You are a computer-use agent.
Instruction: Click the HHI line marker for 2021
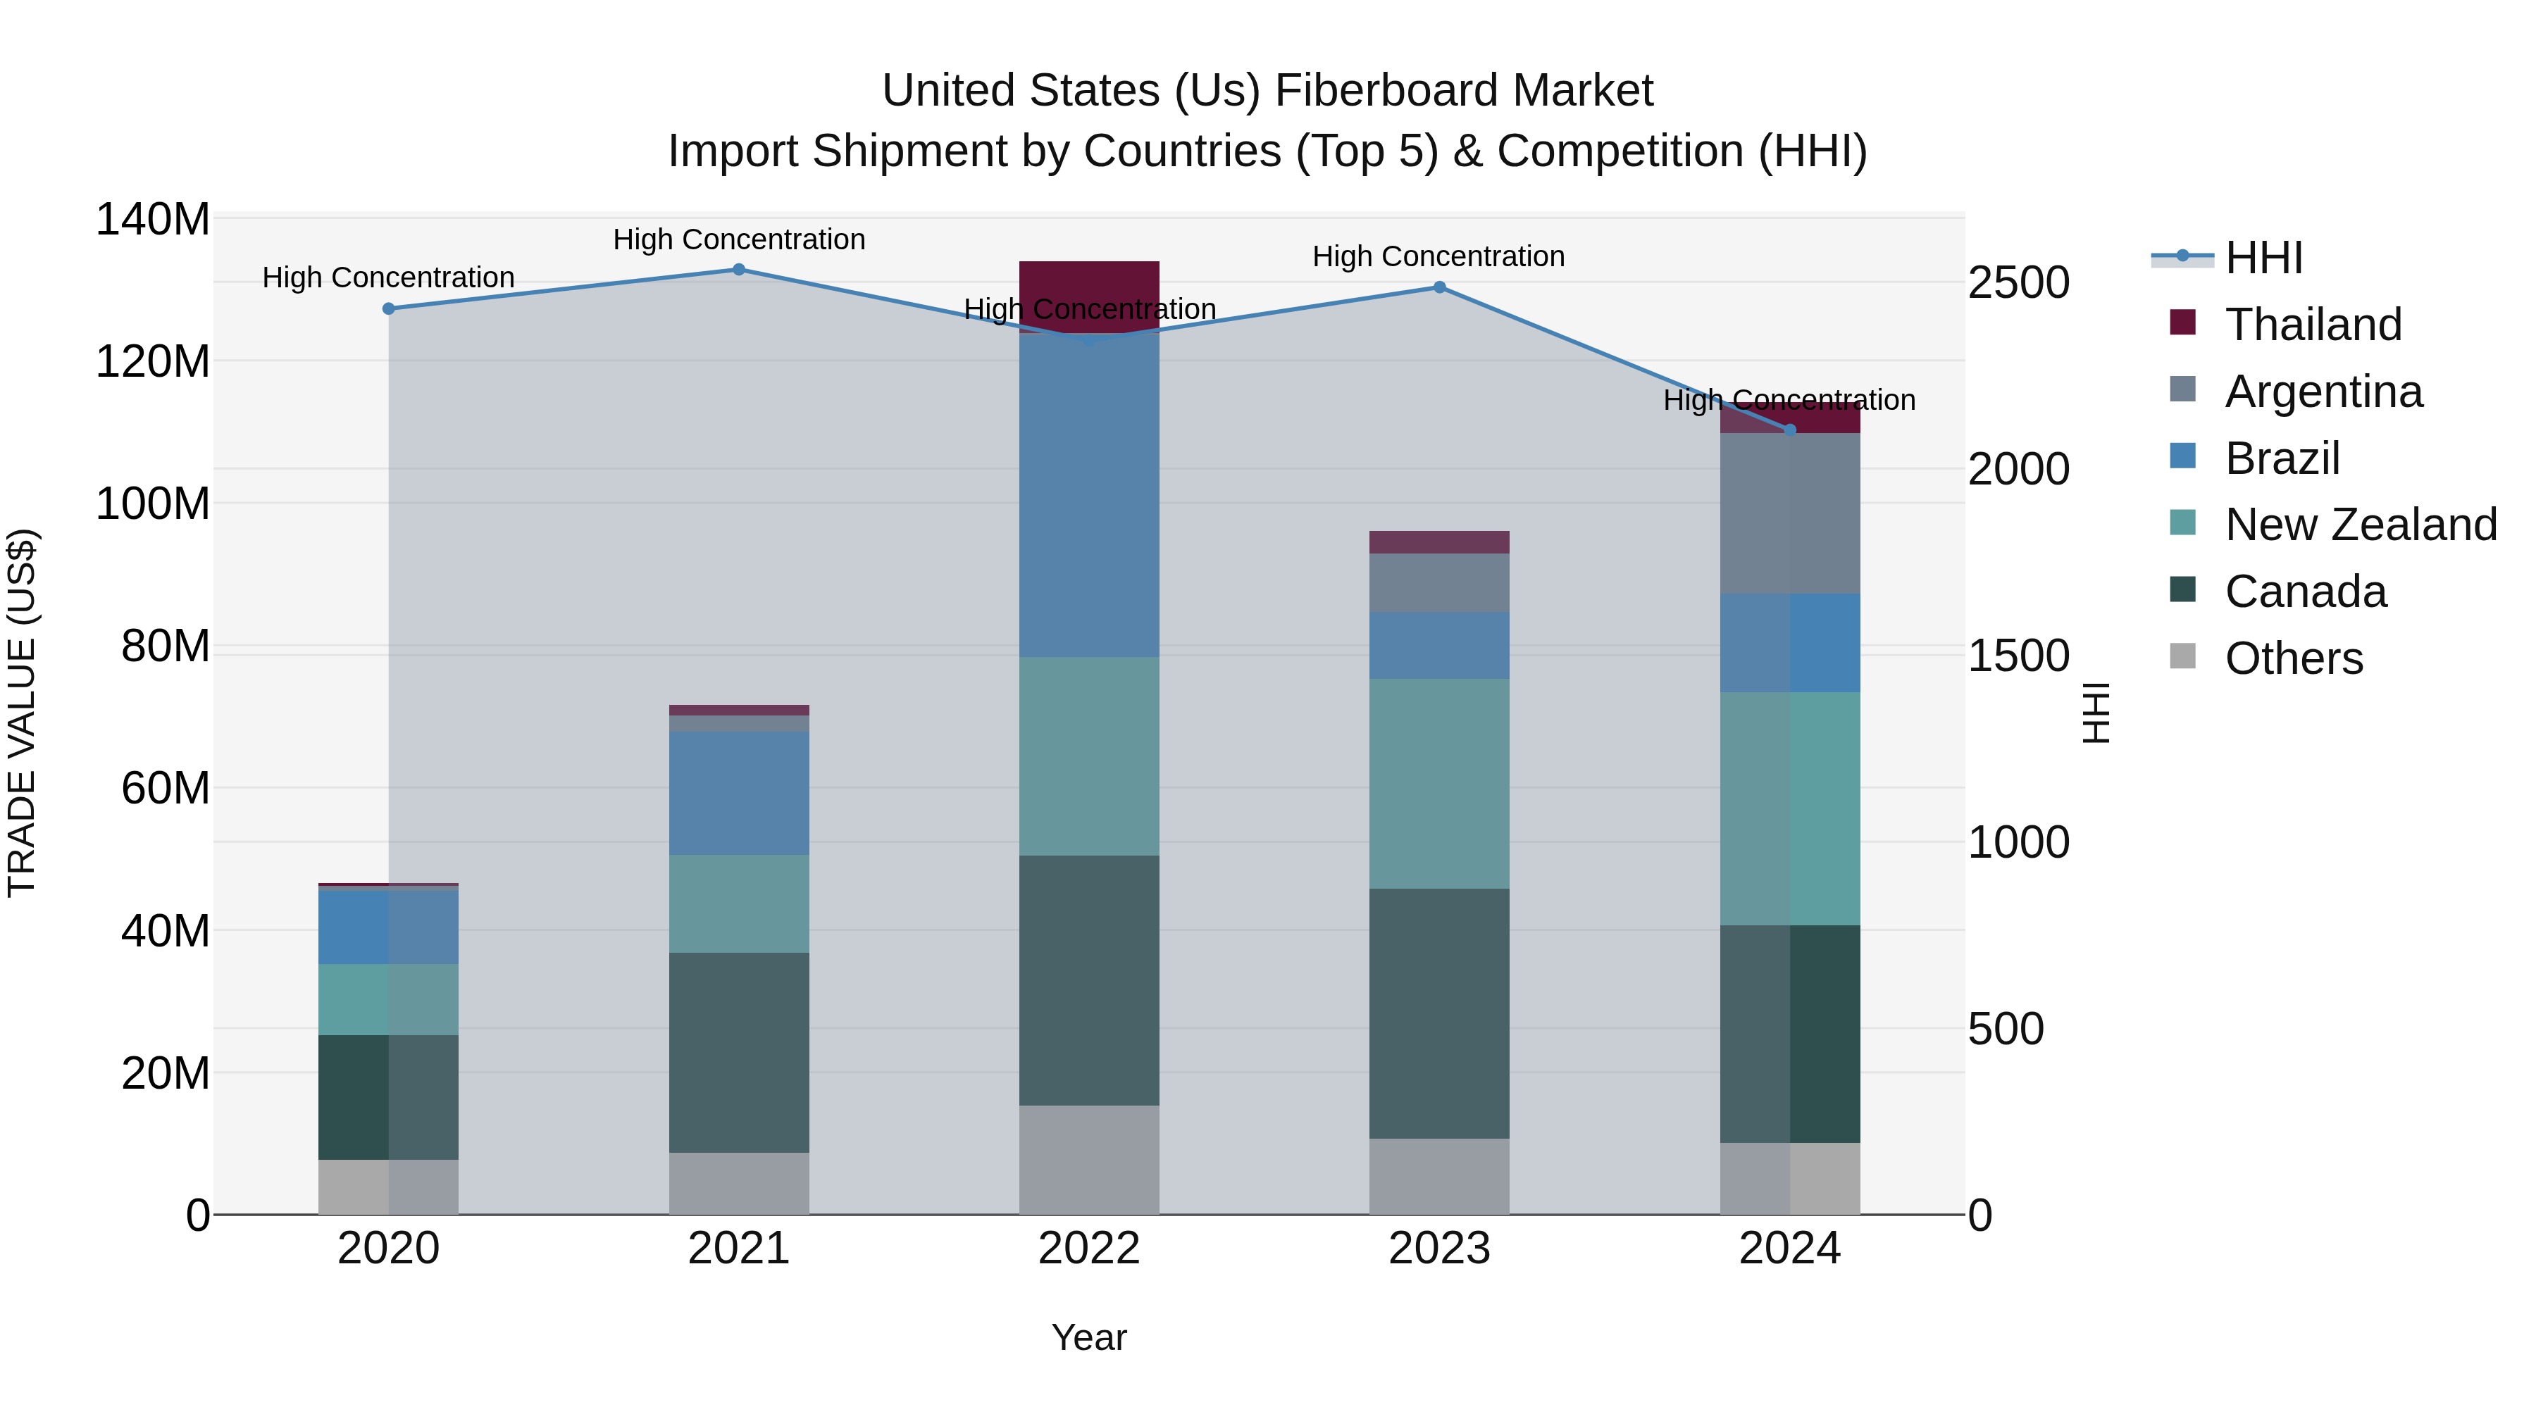click(x=738, y=270)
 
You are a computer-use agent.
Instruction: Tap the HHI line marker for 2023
click(x=1438, y=287)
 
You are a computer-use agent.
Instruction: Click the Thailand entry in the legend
click(x=2313, y=325)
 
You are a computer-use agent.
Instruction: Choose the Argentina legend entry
click(x=2323, y=392)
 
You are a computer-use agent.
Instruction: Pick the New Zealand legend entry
click(x=2360, y=525)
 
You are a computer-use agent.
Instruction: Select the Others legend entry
click(x=2293, y=658)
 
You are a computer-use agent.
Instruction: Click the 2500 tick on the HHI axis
click(x=2018, y=283)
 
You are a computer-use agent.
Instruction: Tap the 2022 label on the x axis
click(x=1089, y=1248)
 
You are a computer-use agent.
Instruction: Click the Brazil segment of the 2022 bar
click(x=1089, y=495)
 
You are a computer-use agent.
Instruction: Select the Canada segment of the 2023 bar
click(x=1438, y=1013)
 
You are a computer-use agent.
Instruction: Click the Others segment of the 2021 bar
click(x=738, y=1183)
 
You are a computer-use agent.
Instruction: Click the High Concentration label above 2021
click(x=738, y=239)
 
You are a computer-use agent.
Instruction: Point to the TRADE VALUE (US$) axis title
click(x=23, y=713)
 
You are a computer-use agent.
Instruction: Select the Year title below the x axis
click(x=1089, y=1337)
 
